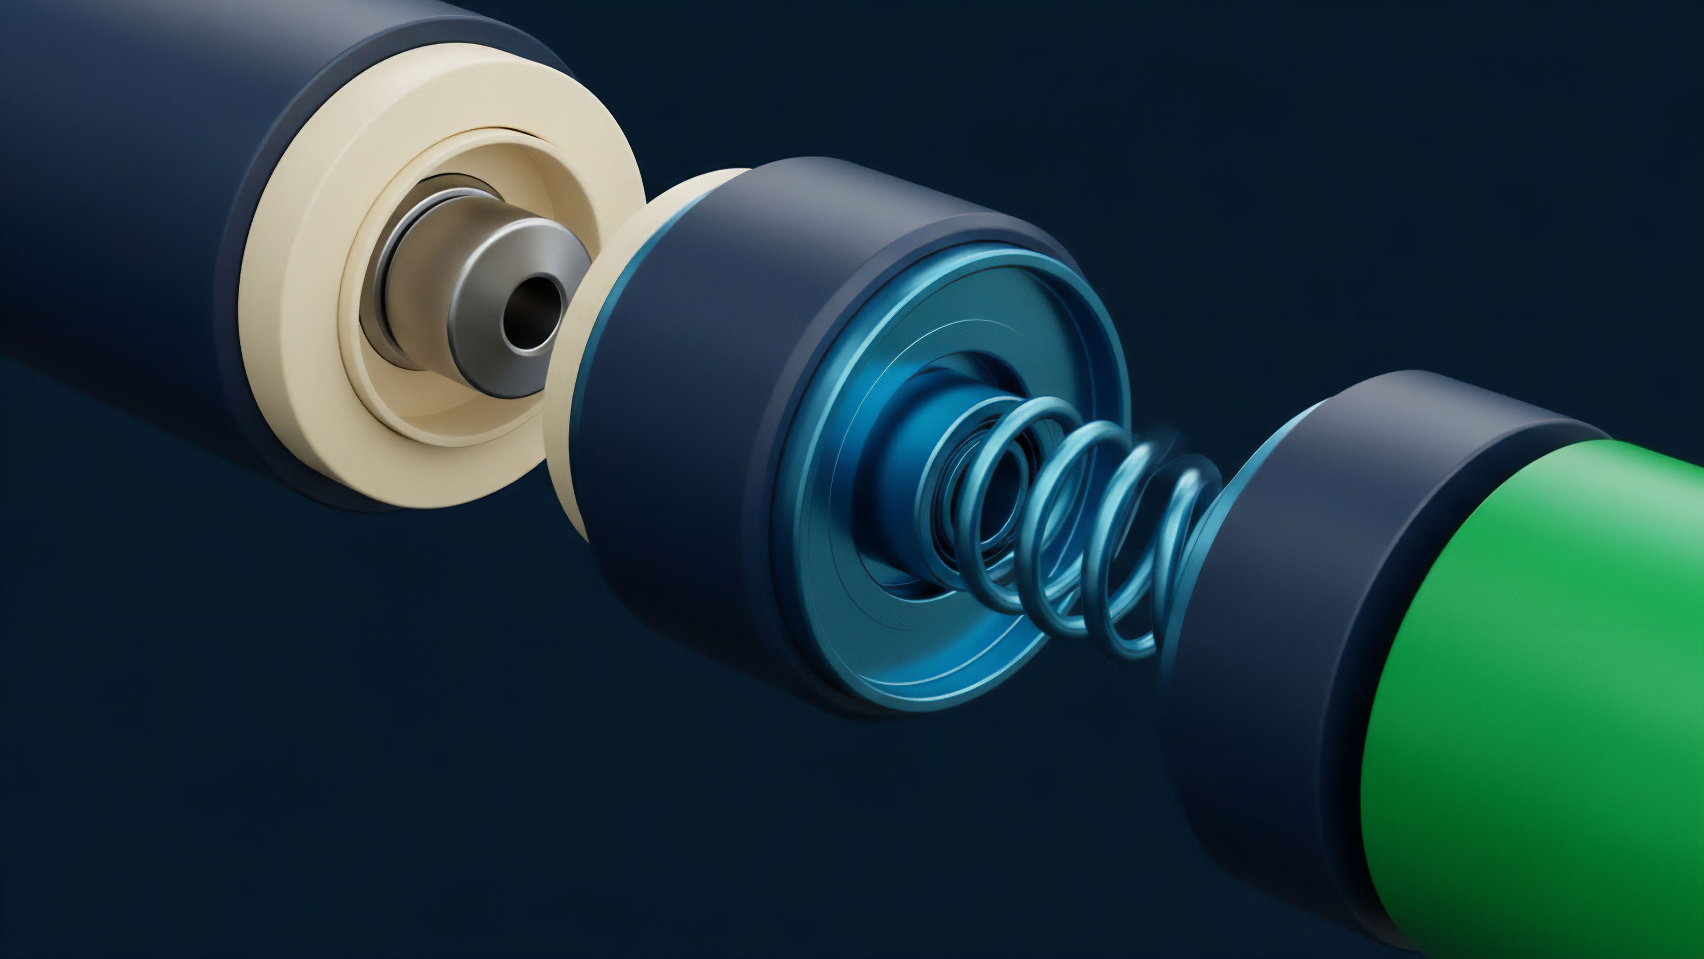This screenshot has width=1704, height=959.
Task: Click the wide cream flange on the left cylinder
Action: tap(291, 371)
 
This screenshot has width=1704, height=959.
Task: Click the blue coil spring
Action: tap(1072, 523)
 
